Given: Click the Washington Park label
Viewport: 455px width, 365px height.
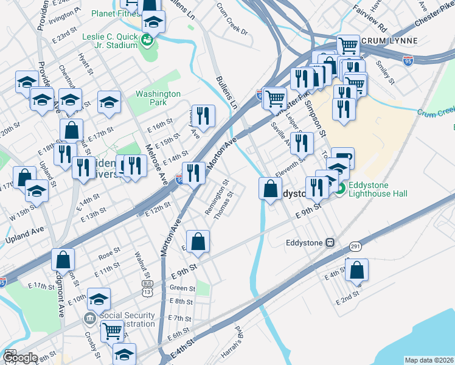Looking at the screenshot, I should tap(158, 99).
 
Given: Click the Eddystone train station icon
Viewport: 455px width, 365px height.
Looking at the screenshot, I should tap(330, 242).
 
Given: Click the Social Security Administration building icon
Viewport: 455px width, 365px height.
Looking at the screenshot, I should tap(89, 318).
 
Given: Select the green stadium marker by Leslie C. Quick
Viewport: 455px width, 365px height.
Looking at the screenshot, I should tap(147, 41).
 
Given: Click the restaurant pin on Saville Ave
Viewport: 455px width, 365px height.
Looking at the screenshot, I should tap(301, 143).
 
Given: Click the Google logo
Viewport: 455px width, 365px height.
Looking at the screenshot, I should tap(19, 358).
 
